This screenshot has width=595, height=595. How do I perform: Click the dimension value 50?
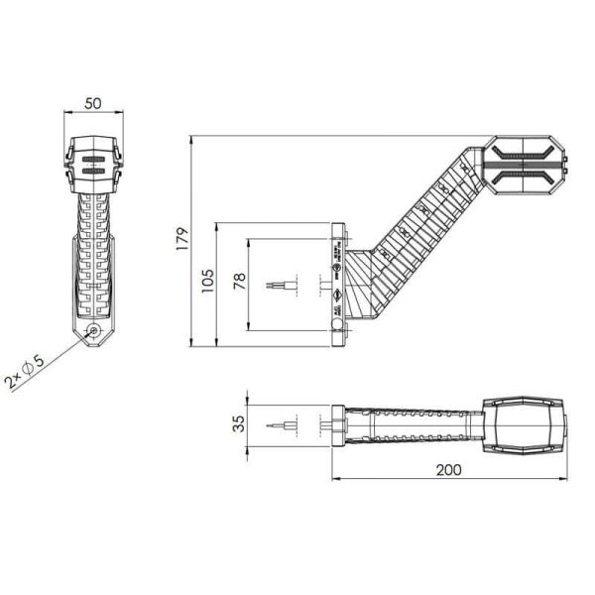(93, 103)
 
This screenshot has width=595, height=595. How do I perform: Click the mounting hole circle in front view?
(93, 333)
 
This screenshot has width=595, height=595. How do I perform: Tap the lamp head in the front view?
(93, 163)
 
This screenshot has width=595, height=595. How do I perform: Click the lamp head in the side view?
(524, 164)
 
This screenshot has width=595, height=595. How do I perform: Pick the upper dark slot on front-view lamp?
(93, 158)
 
